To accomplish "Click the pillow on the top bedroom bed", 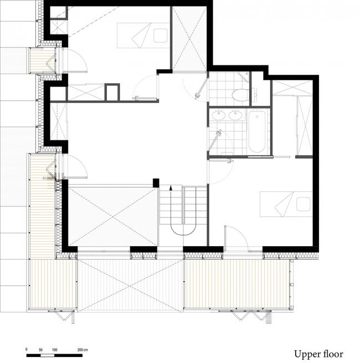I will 161,35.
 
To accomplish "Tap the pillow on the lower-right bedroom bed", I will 304,204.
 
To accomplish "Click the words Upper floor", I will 318,354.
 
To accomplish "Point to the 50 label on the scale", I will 41,350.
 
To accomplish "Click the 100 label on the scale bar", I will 55,350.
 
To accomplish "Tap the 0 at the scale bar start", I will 27,350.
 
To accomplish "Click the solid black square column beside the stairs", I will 156,183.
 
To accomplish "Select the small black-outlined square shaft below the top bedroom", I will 112,92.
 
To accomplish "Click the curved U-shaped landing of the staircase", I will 183,227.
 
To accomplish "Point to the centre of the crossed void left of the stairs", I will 112,215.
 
